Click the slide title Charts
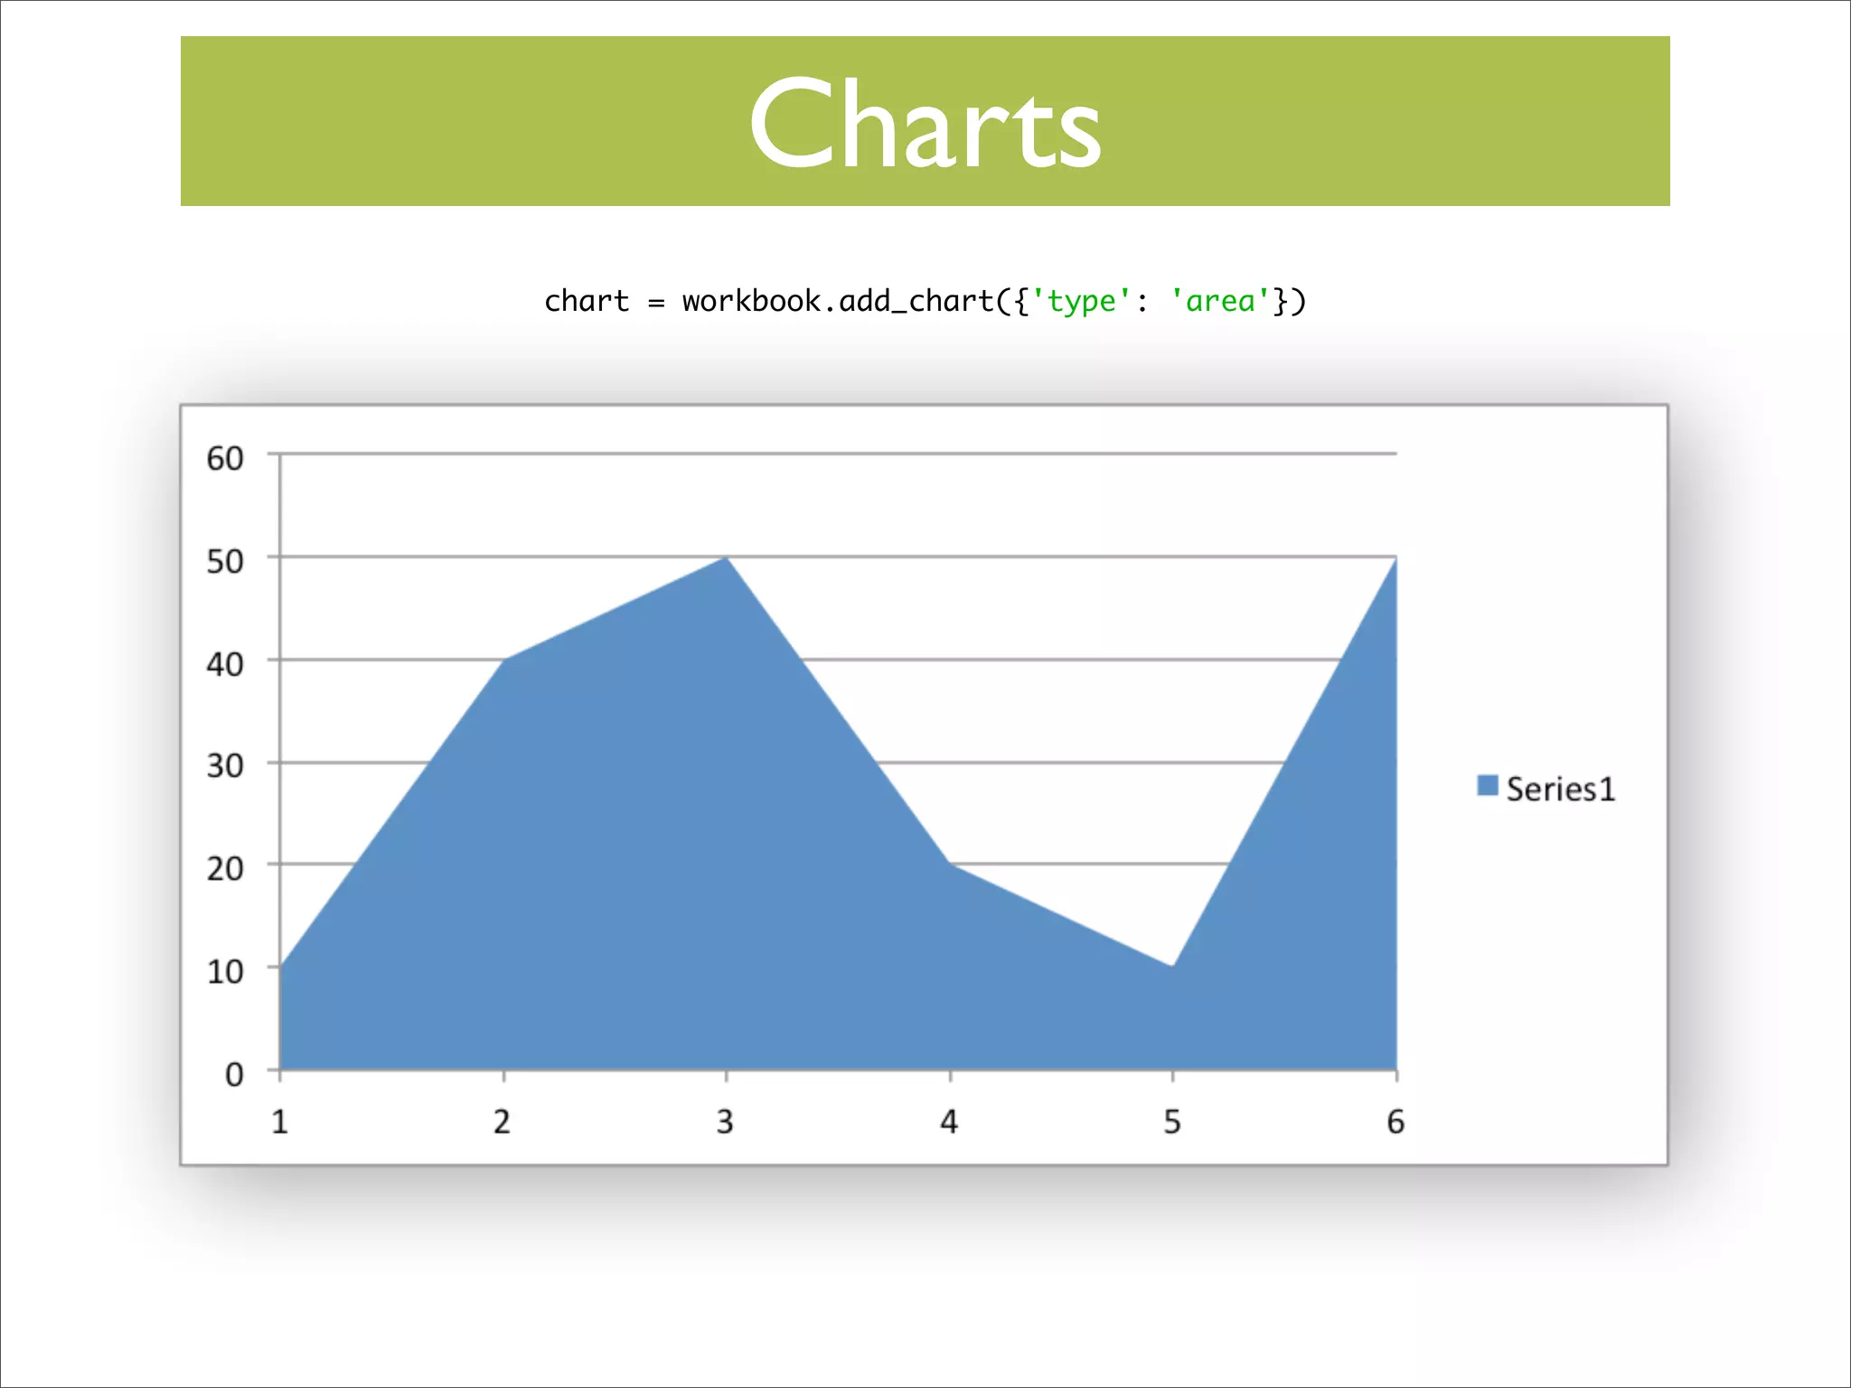tap(925, 124)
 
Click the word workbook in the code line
tap(750, 301)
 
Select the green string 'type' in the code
tap(1081, 301)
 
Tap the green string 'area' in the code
tap(1220, 301)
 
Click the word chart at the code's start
tap(586, 301)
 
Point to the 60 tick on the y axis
tap(225, 458)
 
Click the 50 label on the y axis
tap(225, 561)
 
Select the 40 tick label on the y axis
tap(225, 664)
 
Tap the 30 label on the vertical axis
tap(225, 766)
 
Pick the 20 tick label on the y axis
tap(225, 868)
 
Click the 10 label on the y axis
tap(225, 971)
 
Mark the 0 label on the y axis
tap(234, 1074)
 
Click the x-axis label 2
tap(503, 1121)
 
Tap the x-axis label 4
tap(949, 1121)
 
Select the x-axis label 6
tap(1395, 1121)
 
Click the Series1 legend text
tap(1560, 789)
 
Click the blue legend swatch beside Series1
tap(1487, 785)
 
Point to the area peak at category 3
tap(727, 560)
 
